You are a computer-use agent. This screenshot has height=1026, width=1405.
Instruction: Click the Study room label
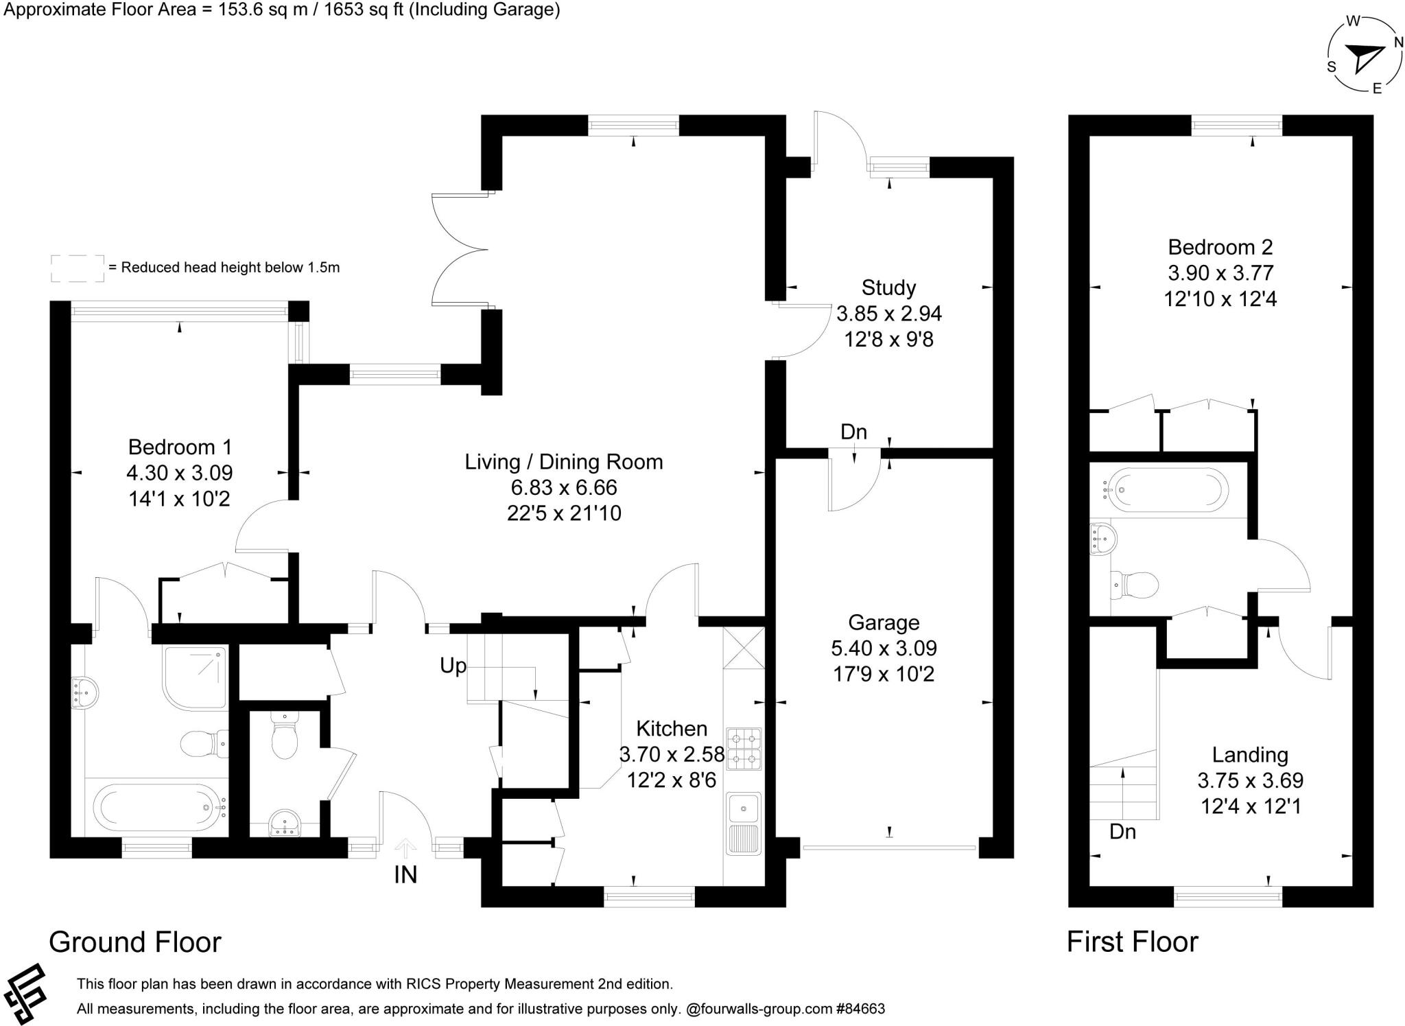click(888, 287)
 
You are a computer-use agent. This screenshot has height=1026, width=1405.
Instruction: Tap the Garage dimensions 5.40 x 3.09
click(884, 648)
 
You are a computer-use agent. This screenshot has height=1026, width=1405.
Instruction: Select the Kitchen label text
click(671, 728)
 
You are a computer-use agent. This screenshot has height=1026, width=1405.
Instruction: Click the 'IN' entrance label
click(405, 875)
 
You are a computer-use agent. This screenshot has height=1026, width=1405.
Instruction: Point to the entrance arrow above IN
click(405, 848)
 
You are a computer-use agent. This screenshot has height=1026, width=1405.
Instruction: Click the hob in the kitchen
click(744, 749)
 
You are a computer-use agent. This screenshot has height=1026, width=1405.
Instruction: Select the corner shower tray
click(195, 676)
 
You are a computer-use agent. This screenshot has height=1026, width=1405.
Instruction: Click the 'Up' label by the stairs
click(453, 666)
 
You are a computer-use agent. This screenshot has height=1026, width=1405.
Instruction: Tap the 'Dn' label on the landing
click(1122, 832)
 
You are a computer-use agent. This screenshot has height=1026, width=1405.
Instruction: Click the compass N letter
click(1398, 43)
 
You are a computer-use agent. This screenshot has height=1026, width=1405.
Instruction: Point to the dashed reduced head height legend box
click(78, 268)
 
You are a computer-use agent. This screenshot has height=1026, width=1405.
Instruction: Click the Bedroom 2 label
click(1220, 246)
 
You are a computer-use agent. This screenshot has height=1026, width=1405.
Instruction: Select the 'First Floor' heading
click(1132, 942)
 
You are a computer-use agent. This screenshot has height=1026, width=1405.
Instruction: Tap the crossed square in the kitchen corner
click(744, 648)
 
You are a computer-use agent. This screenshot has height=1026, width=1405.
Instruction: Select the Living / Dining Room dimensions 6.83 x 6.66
click(563, 487)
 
